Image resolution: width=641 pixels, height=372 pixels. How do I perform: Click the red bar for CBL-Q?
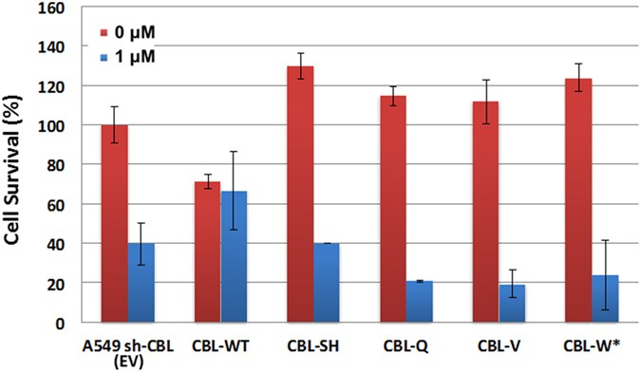tap(392, 209)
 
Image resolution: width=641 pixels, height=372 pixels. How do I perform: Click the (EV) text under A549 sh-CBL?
tap(127, 359)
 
